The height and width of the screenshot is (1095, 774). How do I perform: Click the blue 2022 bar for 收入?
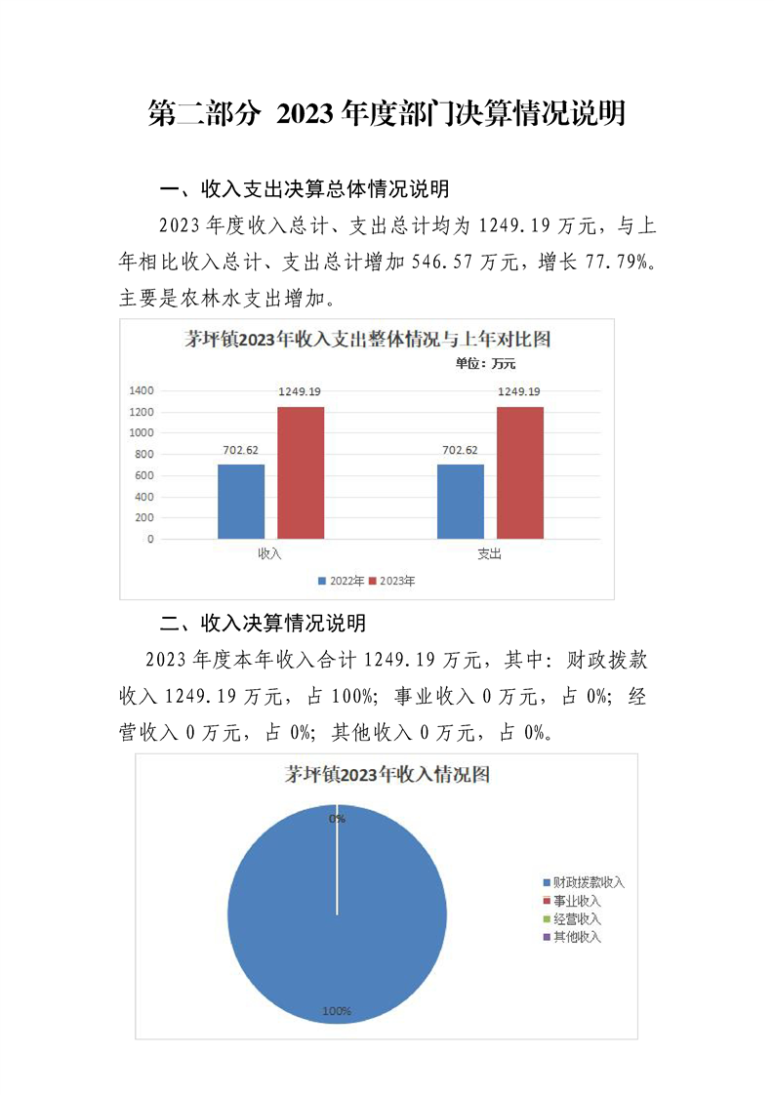(x=240, y=501)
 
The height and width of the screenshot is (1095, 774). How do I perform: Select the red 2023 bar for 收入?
(x=301, y=472)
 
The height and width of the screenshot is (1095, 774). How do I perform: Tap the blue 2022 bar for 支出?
(x=460, y=501)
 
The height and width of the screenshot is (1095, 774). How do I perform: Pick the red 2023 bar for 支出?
(x=519, y=472)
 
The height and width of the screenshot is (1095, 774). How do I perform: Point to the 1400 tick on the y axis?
(x=142, y=390)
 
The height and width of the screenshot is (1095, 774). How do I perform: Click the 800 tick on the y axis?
(x=144, y=454)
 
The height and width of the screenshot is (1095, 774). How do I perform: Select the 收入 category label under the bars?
(x=269, y=554)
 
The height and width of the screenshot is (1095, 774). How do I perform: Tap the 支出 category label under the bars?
(x=489, y=554)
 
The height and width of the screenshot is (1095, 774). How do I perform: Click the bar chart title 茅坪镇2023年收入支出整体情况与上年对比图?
(x=368, y=340)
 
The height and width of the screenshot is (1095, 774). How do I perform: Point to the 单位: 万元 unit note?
(x=484, y=364)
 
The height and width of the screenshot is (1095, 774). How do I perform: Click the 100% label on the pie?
(x=337, y=1011)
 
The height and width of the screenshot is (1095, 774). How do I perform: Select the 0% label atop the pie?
(x=337, y=819)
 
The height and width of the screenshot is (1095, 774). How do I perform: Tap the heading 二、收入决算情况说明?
(x=264, y=623)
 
